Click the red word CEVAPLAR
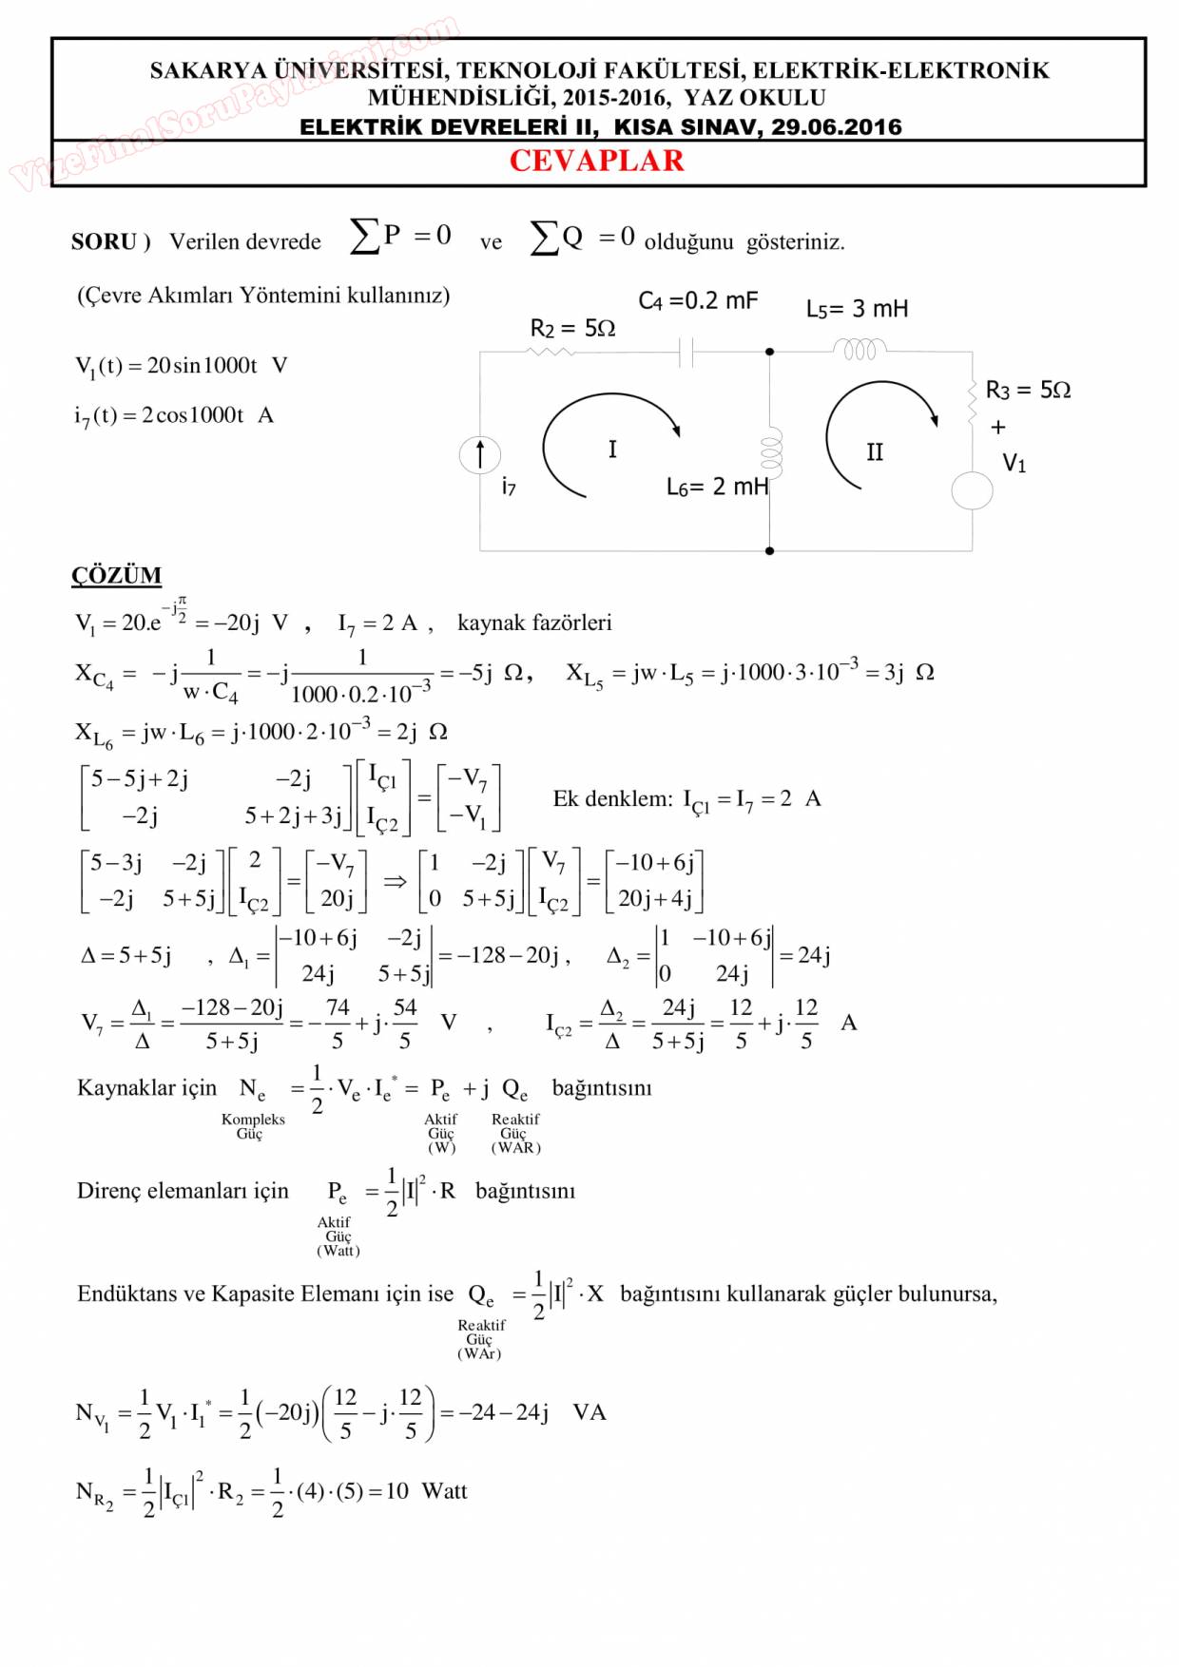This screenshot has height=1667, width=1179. click(x=596, y=161)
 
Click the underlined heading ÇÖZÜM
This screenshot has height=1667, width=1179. click(x=116, y=575)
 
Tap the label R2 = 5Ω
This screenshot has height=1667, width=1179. click(x=572, y=328)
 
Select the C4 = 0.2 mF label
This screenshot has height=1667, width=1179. click(x=698, y=300)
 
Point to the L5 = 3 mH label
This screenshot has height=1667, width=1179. click(x=857, y=309)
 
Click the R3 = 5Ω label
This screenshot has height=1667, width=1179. click(x=1028, y=390)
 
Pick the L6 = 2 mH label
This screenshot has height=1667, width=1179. click(x=716, y=487)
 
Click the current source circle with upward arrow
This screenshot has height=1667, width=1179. click(x=480, y=454)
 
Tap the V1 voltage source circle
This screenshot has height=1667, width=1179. click(x=972, y=490)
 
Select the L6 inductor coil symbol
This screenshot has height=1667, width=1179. click(x=770, y=452)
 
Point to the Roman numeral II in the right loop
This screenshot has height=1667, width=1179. click(x=875, y=452)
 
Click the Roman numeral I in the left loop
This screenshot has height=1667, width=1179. click(x=612, y=449)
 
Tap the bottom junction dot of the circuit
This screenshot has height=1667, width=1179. click(x=769, y=550)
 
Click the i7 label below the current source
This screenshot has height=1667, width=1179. click(x=509, y=488)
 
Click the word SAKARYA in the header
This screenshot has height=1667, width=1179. click(x=208, y=70)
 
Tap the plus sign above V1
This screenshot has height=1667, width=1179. click(x=997, y=428)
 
